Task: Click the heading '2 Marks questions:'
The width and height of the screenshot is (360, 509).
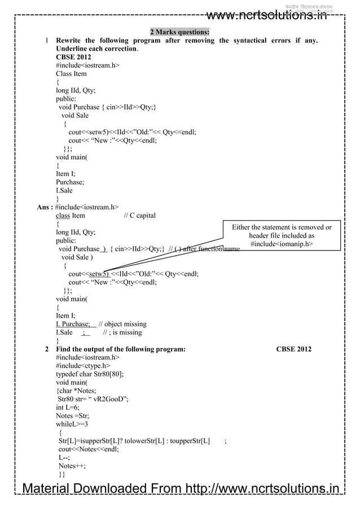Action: [179, 32]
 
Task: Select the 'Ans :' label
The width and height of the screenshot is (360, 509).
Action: [45, 207]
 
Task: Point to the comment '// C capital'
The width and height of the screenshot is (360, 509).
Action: [139, 216]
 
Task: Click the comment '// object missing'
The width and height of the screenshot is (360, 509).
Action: [122, 324]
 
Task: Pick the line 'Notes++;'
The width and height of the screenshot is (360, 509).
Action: [72, 466]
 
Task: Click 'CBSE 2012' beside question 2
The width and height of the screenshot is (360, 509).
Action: [293, 349]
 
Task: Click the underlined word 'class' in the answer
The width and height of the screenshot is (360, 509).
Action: [63, 216]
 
